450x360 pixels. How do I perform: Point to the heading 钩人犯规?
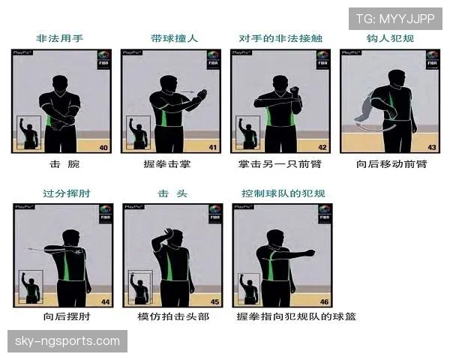pos(390,37)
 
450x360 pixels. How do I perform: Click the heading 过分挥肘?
pos(63,193)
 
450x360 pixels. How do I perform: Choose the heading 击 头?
pos(172,193)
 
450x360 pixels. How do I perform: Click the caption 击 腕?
pos(64,163)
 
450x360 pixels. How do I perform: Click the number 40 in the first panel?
pos(104,148)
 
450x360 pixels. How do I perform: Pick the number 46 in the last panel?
pos(323,301)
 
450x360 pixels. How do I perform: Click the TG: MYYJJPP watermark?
pos(395,19)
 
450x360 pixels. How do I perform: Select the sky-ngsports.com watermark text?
pos(67,341)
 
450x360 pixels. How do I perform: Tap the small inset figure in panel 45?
pos(139,287)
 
